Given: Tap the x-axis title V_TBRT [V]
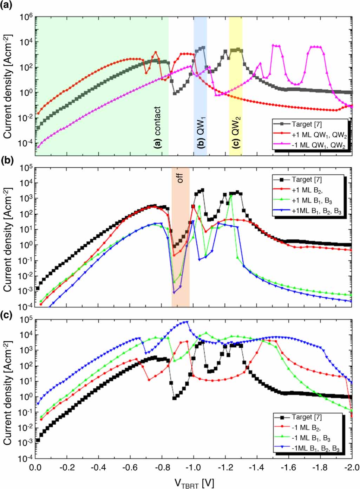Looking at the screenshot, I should click(x=194, y=482).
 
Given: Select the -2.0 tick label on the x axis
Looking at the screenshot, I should click(x=351, y=467).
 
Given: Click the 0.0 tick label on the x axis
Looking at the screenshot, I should click(x=35, y=467).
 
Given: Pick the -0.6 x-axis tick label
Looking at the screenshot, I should click(x=130, y=467).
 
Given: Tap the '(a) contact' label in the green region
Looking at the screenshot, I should click(x=157, y=127).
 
